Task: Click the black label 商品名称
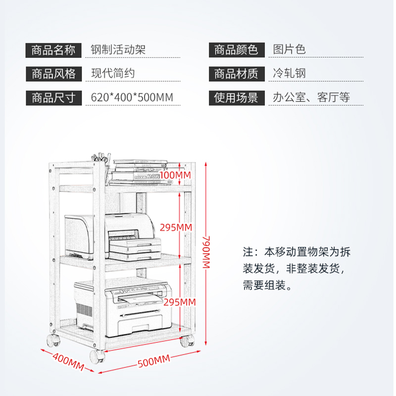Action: pos(53,50)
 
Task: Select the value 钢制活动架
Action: pos(118,49)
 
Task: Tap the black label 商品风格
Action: pos(53,74)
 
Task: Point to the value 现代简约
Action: pos(113,73)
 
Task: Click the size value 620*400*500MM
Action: pos(132,98)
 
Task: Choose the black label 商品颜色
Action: pos(237,50)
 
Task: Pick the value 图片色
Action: pos(289,49)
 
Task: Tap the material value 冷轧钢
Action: pos(289,73)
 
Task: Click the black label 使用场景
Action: pos(237,98)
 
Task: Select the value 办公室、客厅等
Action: pos(311,97)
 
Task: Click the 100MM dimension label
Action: pos(175,175)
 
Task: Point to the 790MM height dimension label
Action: pos(206,252)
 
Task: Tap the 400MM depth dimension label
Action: pos(68,362)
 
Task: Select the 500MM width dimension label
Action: pos(154,361)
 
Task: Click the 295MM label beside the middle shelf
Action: pos(176,228)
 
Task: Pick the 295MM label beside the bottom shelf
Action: pos(180,302)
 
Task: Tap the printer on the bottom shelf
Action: pos(123,308)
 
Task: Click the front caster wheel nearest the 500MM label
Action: pos(97,356)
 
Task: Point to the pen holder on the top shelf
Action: pos(101,164)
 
